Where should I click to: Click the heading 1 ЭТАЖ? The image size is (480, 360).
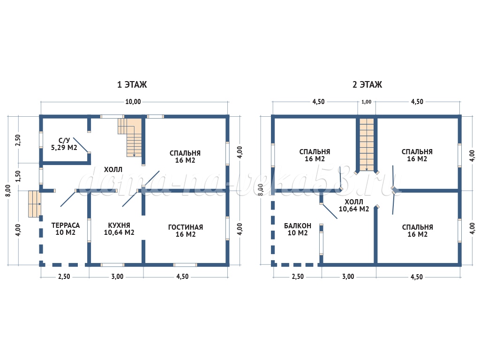click(x=132, y=84)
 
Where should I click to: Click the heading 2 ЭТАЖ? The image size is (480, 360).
click(x=367, y=84)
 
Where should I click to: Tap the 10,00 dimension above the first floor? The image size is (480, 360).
click(x=133, y=102)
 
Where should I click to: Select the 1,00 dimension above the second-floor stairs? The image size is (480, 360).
click(x=367, y=102)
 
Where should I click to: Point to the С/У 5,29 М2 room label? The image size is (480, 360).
click(x=64, y=144)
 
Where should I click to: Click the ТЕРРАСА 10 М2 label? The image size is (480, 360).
click(x=66, y=229)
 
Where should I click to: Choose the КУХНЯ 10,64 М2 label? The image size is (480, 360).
click(x=119, y=229)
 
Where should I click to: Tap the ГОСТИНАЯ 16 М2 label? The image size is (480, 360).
click(x=186, y=231)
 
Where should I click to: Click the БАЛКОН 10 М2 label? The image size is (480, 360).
click(x=298, y=229)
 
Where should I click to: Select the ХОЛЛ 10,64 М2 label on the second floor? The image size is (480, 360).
click(x=354, y=205)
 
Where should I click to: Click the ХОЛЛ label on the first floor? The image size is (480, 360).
click(x=113, y=170)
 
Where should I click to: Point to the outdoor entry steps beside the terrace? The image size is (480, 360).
click(x=35, y=204)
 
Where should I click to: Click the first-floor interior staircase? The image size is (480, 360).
click(x=130, y=137)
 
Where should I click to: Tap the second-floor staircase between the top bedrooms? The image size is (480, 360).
click(x=367, y=144)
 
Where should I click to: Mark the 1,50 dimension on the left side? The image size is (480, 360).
click(x=18, y=176)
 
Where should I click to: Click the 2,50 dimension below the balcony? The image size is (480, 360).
click(x=298, y=277)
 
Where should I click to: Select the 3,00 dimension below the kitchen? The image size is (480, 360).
click(x=117, y=277)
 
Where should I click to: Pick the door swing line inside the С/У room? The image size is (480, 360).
click(x=81, y=145)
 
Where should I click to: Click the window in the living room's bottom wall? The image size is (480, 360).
click(x=185, y=265)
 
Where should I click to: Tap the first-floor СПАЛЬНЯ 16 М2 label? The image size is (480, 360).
click(x=185, y=157)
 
